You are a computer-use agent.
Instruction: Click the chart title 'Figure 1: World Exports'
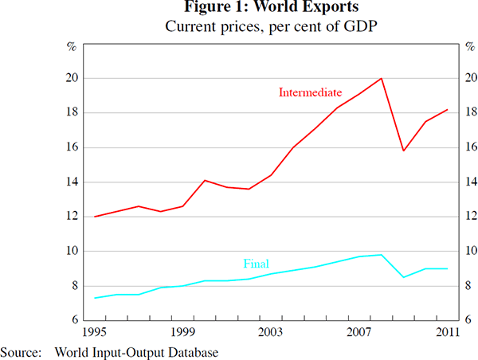click(x=240, y=10)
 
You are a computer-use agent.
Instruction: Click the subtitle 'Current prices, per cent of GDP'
click(x=240, y=26)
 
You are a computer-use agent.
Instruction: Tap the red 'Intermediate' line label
click(x=310, y=92)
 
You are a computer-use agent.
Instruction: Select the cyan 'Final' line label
click(x=256, y=264)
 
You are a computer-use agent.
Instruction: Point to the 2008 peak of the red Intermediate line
click(x=382, y=78)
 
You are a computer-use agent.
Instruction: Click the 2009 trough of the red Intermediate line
click(x=404, y=151)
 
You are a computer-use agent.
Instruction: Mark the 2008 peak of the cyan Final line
click(x=382, y=255)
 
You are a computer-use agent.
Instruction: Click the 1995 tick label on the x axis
click(x=94, y=331)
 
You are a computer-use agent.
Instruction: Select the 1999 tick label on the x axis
click(x=182, y=331)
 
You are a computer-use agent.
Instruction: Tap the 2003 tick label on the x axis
click(x=271, y=331)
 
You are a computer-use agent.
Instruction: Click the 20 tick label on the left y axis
click(x=71, y=78)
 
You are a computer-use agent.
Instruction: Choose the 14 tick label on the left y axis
click(x=71, y=182)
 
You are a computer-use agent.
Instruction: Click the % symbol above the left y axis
click(x=71, y=45)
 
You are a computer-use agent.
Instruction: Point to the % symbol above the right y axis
click(x=468, y=45)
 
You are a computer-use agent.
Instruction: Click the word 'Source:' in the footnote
click(x=21, y=350)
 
